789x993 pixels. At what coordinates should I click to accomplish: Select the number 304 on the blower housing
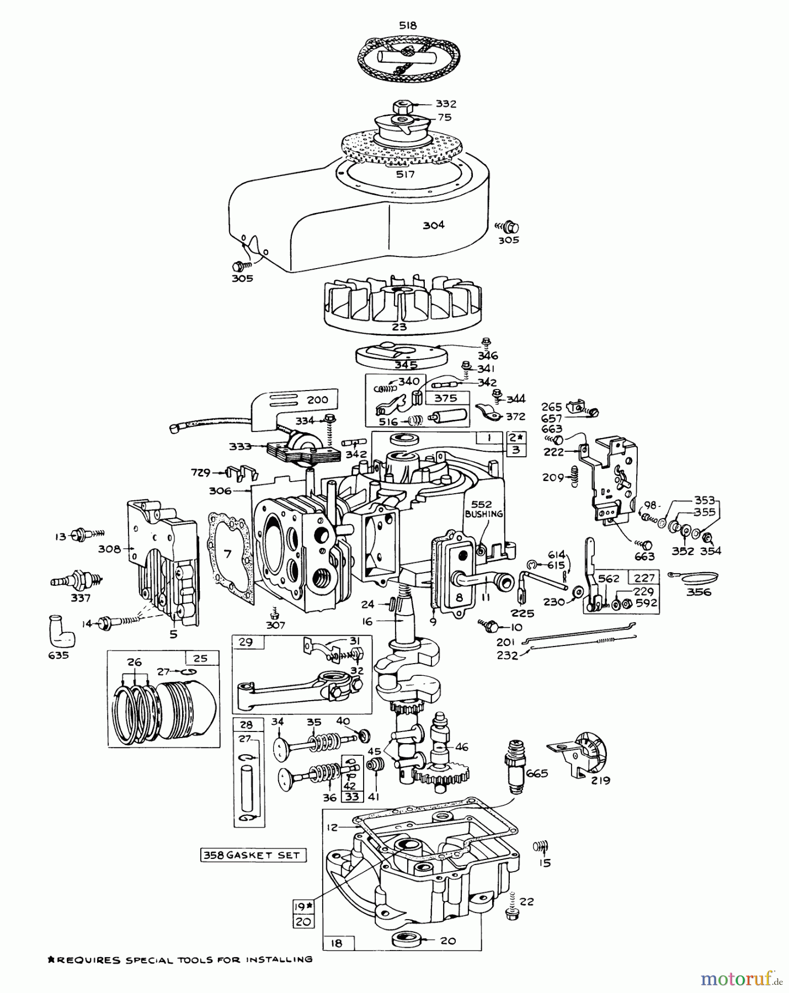click(x=434, y=225)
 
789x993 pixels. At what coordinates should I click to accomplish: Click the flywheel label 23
click(x=399, y=327)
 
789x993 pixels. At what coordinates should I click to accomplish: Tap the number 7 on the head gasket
click(x=227, y=553)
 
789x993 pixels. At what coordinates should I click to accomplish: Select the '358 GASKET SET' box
click(x=253, y=855)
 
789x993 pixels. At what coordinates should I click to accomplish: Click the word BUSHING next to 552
click(x=484, y=514)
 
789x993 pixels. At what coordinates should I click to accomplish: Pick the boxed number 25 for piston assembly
click(x=201, y=658)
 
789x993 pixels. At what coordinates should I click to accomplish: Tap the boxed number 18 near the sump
click(x=337, y=943)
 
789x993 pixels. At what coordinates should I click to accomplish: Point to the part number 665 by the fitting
click(x=537, y=773)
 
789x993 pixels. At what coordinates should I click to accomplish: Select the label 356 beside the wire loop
click(x=699, y=592)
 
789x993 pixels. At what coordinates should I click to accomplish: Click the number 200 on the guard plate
click(x=317, y=400)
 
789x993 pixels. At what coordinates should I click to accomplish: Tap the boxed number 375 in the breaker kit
click(x=446, y=398)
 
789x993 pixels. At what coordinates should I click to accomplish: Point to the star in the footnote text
click(x=51, y=959)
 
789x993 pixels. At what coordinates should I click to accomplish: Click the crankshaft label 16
click(x=368, y=622)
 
